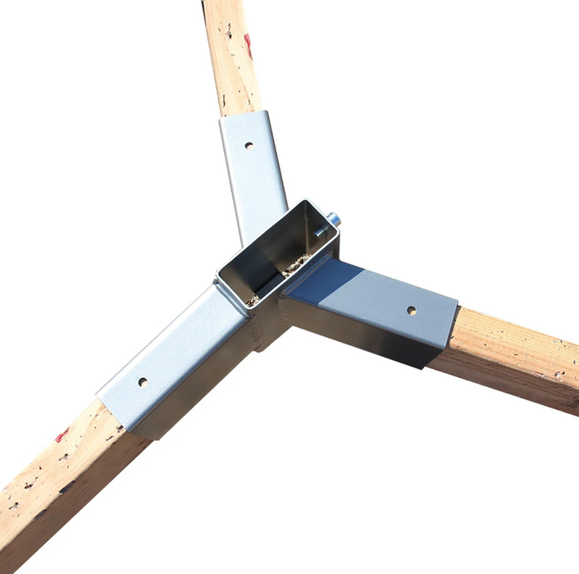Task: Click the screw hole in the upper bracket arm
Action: pyautogui.click(x=248, y=146)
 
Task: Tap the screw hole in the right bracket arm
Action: pyautogui.click(x=411, y=311)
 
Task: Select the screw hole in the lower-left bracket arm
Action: pyautogui.click(x=143, y=381)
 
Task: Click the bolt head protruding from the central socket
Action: pyautogui.click(x=334, y=219)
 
